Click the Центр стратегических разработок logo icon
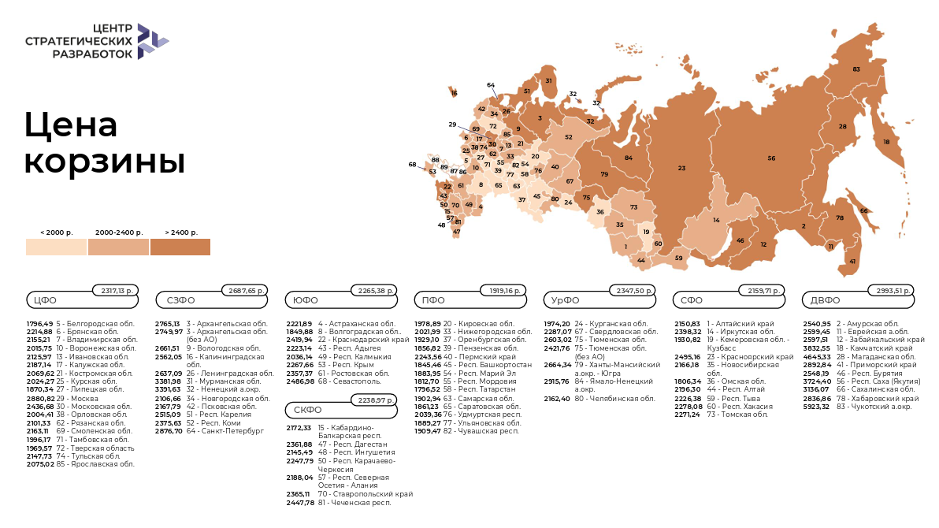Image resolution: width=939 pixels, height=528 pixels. pos(152,41)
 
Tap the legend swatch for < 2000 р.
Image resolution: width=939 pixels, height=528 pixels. pos(56,247)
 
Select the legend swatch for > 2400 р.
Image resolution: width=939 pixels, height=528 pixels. pos(180,247)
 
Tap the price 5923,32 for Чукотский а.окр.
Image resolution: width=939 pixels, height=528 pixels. pos(817,406)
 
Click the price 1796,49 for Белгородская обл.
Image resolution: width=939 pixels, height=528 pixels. pos(39,324)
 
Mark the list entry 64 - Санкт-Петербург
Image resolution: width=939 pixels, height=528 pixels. pos(213,431)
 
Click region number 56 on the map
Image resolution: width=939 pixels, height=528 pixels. pos(771,158)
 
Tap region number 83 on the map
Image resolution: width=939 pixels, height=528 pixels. pos(856,69)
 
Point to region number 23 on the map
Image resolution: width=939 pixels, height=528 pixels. pos(681,168)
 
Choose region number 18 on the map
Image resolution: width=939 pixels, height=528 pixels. pos(886,142)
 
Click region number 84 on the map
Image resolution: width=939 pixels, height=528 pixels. pos(629,158)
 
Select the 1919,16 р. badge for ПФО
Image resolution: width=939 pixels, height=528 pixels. pos(503,291)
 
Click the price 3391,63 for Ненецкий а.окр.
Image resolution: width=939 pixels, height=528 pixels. pos(168,389)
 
